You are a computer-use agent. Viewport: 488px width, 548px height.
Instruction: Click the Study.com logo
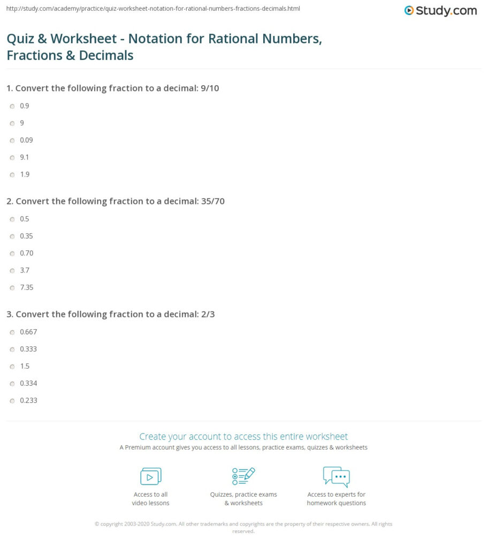[x=440, y=10]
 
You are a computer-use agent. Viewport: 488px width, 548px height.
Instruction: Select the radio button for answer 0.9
[x=12, y=106]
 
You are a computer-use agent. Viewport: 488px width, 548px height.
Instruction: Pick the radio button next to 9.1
[x=12, y=157]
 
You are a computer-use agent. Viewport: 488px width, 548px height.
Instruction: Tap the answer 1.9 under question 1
[x=24, y=174]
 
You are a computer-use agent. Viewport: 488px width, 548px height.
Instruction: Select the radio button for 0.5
[x=12, y=219]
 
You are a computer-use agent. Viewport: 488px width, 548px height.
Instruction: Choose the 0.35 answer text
[x=26, y=236]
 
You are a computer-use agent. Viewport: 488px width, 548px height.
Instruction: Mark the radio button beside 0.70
[x=12, y=253]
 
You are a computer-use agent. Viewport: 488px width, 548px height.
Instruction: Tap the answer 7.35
[x=26, y=287]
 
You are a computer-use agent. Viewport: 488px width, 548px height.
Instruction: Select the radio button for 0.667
[x=12, y=332]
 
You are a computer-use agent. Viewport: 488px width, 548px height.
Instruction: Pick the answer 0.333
[x=28, y=349]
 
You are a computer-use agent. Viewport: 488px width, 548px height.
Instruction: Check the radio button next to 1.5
[x=12, y=366]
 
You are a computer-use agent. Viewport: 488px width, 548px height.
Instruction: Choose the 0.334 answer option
[x=28, y=383]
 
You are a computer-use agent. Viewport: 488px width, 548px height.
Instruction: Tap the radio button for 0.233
[x=12, y=400]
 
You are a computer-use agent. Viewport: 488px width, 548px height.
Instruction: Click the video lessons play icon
[x=150, y=476]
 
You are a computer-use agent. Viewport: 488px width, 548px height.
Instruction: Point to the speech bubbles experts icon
[x=336, y=476]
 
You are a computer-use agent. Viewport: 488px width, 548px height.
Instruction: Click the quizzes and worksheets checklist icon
[x=243, y=476]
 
